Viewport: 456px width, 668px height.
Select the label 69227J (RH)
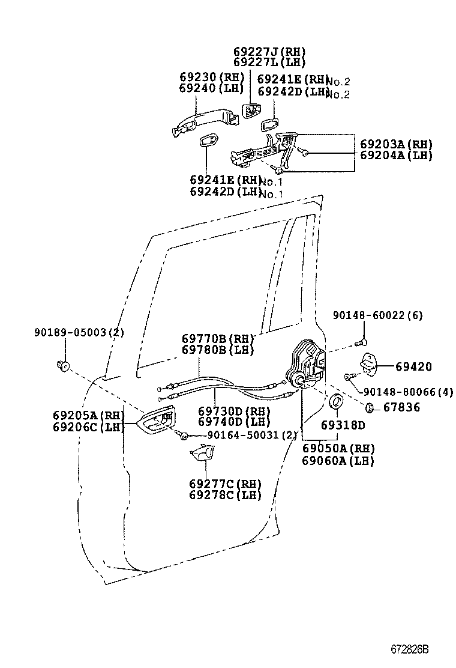(269, 51)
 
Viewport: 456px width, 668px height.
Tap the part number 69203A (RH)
(397, 144)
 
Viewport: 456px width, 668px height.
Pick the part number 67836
(402, 407)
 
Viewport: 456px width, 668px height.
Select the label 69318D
(342, 425)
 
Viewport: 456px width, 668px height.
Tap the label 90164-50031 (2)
(245, 435)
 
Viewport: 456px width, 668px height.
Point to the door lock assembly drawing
(307, 366)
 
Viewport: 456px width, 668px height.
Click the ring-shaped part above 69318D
(337, 401)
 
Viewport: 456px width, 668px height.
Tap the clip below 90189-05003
(62, 365)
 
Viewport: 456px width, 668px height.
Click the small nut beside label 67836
(370, 408)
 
